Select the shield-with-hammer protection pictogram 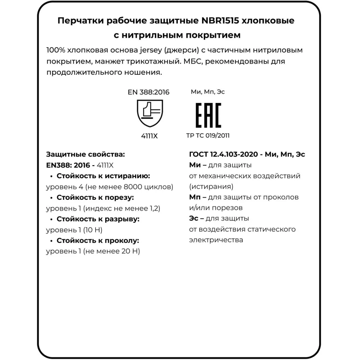tap(149, 114)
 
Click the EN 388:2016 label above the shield tap(148, 92)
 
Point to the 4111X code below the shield tap(149, 135)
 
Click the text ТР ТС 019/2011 tap(208, 135)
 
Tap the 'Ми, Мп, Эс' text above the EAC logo tap(208, 92)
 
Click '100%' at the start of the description tap(55, 50)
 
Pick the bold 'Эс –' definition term tap(197, 219)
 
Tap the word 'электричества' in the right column tap(216, 240)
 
